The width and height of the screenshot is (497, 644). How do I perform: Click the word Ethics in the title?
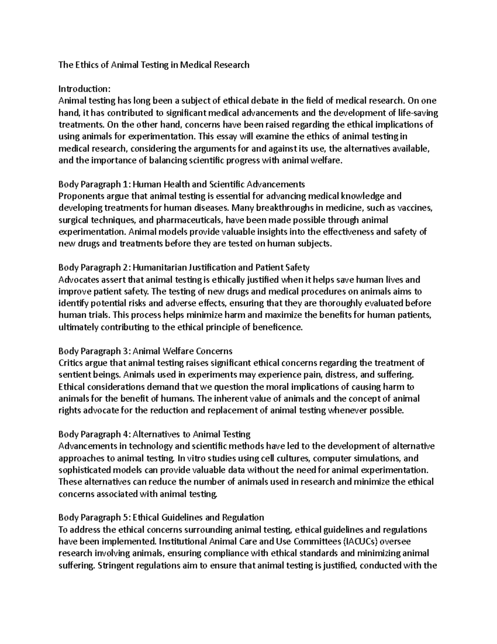pos(87,65)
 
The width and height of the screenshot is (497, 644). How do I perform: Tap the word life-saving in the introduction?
pos(418,113)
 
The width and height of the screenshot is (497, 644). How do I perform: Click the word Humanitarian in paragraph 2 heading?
pos(159,267)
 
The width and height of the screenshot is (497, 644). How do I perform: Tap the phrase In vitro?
pos(190,459)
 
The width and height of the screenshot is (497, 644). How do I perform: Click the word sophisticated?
pos(84,470)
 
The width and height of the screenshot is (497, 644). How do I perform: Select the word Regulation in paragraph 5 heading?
pos(243,518)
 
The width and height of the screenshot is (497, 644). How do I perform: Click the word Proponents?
pos(79,196)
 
